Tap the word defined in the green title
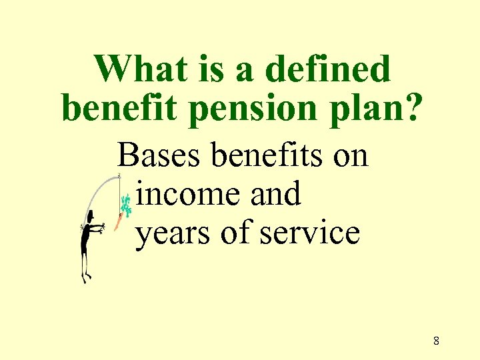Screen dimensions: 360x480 327,69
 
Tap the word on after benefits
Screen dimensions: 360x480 350,157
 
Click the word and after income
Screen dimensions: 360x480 275,195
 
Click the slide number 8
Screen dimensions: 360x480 436,341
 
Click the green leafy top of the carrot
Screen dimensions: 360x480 125,203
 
